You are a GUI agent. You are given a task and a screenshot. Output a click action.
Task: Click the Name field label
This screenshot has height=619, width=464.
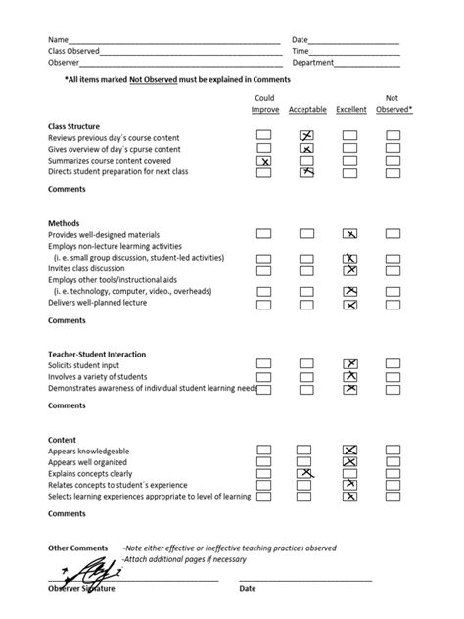[59, 40]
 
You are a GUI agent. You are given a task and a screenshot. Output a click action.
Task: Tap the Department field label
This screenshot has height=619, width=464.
[313, 62]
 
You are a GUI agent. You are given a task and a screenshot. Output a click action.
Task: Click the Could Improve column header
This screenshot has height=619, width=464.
[264, 104]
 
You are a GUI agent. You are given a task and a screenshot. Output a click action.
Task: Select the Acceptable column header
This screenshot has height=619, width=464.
[306, 109]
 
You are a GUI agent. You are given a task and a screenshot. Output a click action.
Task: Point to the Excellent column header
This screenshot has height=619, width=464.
[351, 109]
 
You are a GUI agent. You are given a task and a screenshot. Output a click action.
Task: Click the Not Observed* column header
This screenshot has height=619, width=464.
[394, 104]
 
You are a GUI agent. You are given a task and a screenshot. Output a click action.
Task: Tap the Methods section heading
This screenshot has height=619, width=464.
[64, 223]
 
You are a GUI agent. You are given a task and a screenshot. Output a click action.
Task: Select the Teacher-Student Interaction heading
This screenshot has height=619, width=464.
[97, 354]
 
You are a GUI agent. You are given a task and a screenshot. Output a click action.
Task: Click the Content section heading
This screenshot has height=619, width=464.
[63, 440]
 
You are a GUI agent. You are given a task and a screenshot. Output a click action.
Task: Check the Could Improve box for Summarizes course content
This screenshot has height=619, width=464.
[263, 160]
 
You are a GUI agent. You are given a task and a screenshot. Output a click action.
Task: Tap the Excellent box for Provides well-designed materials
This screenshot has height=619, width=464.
[349, 234]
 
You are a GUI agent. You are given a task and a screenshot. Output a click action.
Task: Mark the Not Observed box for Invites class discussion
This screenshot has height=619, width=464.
[393, 269]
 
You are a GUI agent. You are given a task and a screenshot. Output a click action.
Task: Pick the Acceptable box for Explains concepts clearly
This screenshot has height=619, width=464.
[306, 473]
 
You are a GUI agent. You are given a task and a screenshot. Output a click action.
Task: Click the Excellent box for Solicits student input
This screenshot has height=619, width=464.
[349, 364]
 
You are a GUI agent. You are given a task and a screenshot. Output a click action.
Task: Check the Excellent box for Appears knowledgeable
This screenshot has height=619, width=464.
[349, 451]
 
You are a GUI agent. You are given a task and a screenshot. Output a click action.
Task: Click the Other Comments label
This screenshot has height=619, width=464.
[78, 548]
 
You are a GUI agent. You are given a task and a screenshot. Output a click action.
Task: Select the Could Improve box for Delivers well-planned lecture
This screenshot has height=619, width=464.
[263, 305]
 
